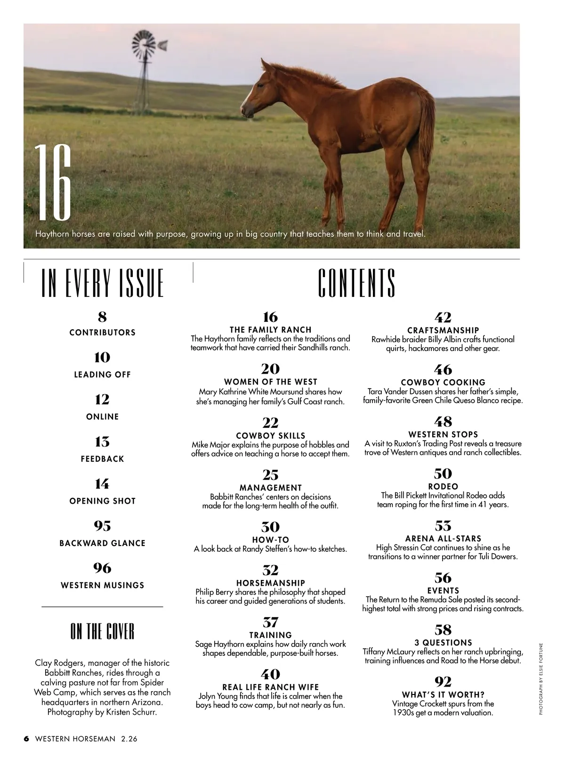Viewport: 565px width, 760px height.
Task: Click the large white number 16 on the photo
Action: [x=53, y=184]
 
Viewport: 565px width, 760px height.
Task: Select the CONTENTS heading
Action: [x=356, y=283]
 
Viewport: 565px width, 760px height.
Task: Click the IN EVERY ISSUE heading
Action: [x=103, y=283]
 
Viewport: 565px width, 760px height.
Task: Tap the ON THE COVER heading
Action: [x=102, y=631]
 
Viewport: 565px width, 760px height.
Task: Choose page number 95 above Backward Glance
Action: [x=102, y=526]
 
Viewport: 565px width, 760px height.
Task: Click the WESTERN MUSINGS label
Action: [x=102, y=585]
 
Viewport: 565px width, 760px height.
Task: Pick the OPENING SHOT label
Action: [x=102, y=501]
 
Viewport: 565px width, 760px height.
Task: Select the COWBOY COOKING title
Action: [x=443, y=383]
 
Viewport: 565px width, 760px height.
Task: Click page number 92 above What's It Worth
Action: [x=443, y=682]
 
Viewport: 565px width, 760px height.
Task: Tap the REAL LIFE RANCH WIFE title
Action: [x=270, y=687]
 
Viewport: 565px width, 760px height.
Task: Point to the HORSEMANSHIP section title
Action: [x=270, y=583]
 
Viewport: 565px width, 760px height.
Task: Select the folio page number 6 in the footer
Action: [x=26, y=739]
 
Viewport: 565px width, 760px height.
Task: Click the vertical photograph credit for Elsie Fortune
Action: [x=541, y=678]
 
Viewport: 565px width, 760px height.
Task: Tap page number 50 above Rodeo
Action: [x=443, y=474]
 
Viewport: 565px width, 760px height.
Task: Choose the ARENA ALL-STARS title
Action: [x=443, y=539]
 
